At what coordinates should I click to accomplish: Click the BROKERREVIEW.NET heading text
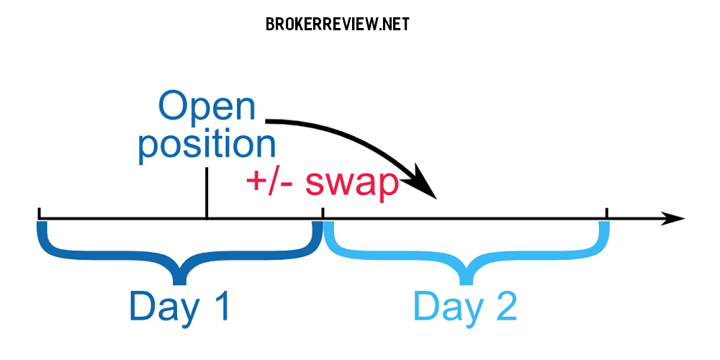click(x=338, y=24)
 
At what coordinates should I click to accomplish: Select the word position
click(x=207, y=145)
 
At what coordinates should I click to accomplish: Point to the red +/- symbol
click(x=272, y=183)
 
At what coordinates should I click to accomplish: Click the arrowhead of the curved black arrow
click(x=424, y=183)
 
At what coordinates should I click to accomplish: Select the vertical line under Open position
click(x=207, y=193)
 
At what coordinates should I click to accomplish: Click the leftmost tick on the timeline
click(x=39, y=213)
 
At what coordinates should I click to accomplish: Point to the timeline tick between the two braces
click(x=323, y=213)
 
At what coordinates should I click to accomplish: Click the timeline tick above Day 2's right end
click(x=606, y=213)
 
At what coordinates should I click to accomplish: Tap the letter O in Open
click(x=174, y=107)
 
